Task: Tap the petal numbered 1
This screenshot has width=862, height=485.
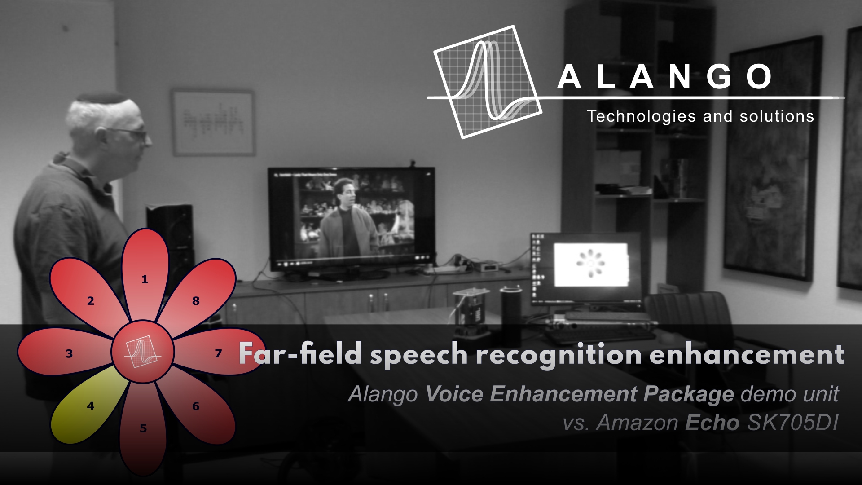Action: pos(145,274)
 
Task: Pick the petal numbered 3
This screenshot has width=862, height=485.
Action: pos(65,353)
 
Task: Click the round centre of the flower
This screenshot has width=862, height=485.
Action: pos(143,352)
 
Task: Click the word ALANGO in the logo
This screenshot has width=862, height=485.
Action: pos(664,77)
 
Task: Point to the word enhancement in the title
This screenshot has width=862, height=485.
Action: pos(747,354)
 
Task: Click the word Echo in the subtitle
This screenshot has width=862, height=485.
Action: pos(712,423)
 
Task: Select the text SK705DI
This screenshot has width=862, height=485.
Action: pos(792,423)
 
